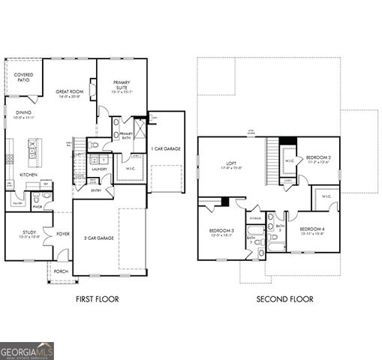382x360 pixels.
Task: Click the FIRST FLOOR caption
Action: click(x=97, y=299)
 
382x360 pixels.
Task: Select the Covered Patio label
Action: click(x=23, y=76)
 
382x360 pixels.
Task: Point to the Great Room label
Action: click(x=68, y=94)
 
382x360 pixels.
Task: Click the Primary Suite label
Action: click(x=122, y=85)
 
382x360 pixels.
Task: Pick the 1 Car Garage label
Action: click(x=166, y=149)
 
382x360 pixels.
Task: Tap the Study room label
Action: click(x=29, y=234)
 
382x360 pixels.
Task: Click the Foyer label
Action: click(x=63, y=233)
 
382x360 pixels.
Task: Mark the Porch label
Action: click(x=61, y=271)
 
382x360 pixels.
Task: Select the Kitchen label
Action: click(x=29, y=174)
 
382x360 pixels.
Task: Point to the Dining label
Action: click(x=23, y=114)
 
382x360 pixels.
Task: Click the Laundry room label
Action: click(x=99, y=169)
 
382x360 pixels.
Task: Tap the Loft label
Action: click(x=232, y=164)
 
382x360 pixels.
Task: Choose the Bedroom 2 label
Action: click(x=319, y=159)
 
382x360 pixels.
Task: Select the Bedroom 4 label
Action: click(x=311, y=230)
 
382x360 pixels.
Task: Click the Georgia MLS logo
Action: click(x=27, y=349)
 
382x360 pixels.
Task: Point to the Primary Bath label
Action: click(x=125, y=135)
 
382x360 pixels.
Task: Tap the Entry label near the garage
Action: click(x=97, y=190)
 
